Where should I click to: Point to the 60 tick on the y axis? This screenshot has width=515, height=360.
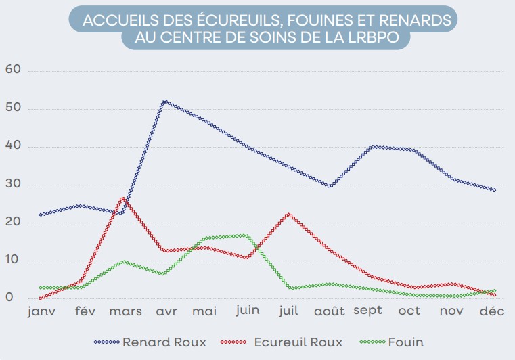[14, 70]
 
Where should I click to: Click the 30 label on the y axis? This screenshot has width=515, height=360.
[14, 185]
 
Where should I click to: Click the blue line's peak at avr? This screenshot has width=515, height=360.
[164, 102]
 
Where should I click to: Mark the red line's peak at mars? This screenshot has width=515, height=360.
[122, 198]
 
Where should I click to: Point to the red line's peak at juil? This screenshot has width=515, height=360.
[288, 214]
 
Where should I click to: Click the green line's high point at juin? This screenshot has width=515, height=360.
[246, 235]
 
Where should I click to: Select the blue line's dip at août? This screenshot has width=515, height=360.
[329, 186]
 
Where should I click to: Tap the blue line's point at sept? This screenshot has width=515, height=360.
[371, 146]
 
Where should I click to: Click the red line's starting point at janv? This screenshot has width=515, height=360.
[41, 298]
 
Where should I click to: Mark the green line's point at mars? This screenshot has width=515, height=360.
[122, 261]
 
